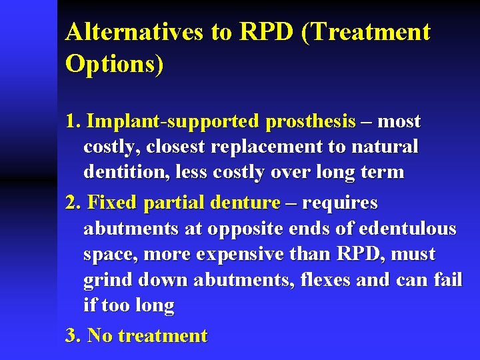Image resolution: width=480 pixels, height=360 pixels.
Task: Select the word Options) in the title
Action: [x=114, y=64]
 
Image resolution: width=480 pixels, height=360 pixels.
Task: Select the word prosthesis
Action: [x=310, y=121]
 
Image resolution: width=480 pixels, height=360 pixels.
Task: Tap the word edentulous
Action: [x=407, y=229]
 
